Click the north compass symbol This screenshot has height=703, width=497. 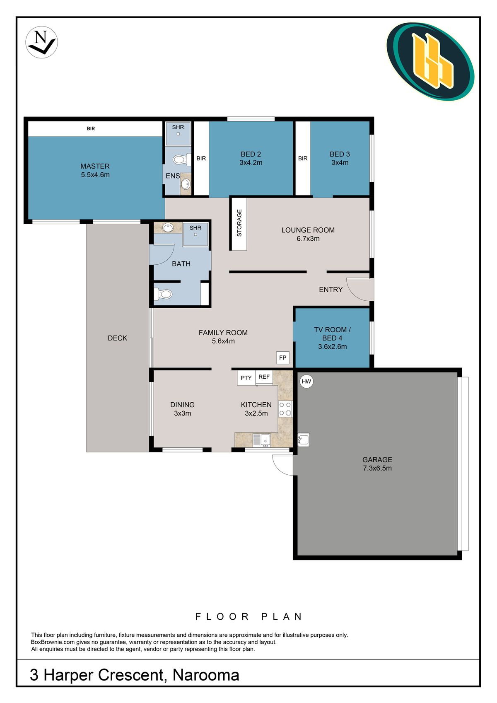point(41,42)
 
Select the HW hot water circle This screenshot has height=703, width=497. point(306,381)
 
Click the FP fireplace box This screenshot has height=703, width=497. point(283,358)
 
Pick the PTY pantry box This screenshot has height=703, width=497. point(246,378)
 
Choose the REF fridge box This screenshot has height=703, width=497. point(264,377)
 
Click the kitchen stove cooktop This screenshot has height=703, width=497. point(285,408)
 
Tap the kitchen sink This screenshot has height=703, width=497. point(262,440)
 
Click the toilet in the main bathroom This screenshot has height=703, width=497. point(163,294)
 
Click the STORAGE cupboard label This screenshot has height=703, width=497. point(239,223)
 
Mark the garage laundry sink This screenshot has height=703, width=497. point(303,440)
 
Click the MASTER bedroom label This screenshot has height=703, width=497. point(95,167)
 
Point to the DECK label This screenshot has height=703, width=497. point(117,338)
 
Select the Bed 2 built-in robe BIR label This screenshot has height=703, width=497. point(201,159)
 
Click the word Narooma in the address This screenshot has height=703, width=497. point(206,675)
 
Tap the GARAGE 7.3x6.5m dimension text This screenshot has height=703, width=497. point(377,468)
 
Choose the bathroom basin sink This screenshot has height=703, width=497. point(168,227)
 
